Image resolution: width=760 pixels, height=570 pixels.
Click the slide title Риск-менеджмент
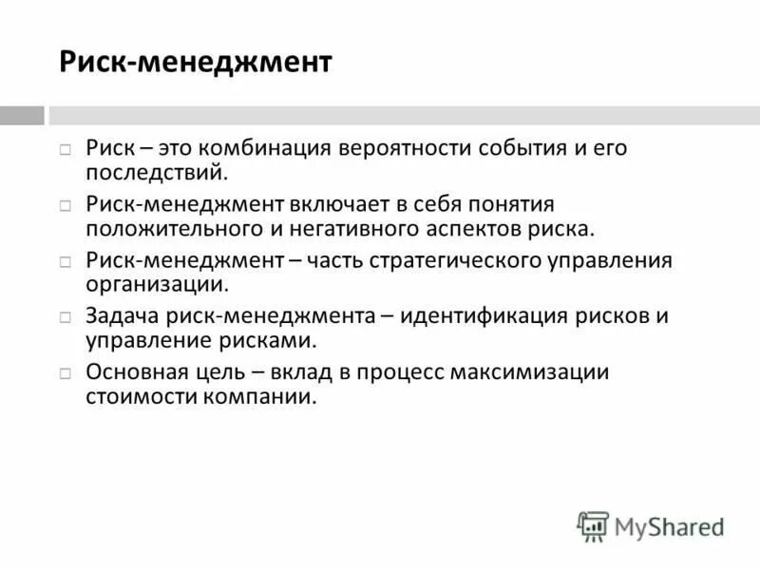pyautogui.click(x=196, y=64)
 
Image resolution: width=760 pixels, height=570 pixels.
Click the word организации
pyautogui.click(x=156, y=285)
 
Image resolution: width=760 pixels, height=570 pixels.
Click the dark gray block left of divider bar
pyautogui.click(x=22, y=115)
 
